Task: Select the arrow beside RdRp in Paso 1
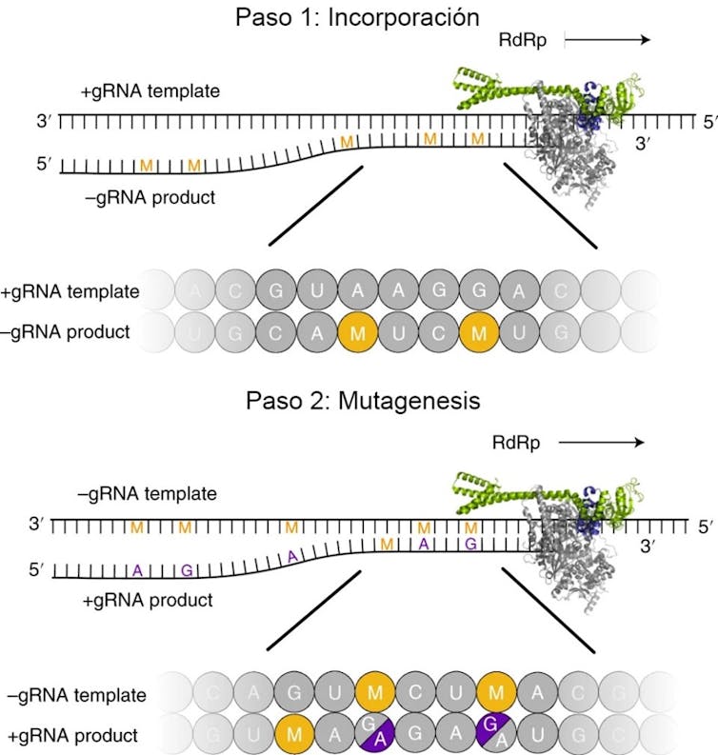tap(608, 40)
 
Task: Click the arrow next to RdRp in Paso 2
tap(602, 443)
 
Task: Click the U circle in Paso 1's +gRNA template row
tap(315, 290)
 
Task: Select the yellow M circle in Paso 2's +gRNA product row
tap(294, 734)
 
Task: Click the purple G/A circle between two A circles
tap(375, 734)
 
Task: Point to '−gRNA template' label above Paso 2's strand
tap(149, 494)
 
